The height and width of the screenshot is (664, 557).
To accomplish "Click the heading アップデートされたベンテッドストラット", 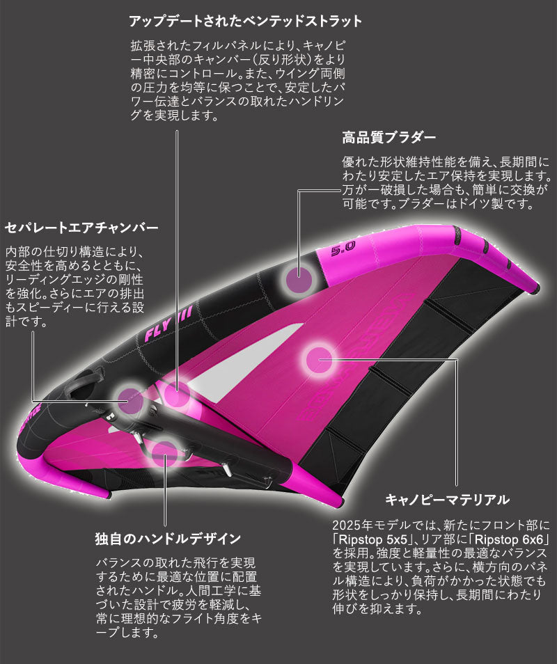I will [x=246, y=21].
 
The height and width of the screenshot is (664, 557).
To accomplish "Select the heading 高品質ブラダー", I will [x=389, y=136].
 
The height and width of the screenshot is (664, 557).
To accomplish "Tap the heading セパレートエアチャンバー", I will [x=82, y=228].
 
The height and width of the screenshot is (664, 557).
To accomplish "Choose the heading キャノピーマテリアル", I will [x=448, y=500].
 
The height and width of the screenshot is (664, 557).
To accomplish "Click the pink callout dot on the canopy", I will [x=320, y=360].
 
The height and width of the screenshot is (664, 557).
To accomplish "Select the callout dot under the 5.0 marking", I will [x=300, y=278].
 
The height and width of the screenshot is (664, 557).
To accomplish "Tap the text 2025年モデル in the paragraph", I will [x=366, y=523].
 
